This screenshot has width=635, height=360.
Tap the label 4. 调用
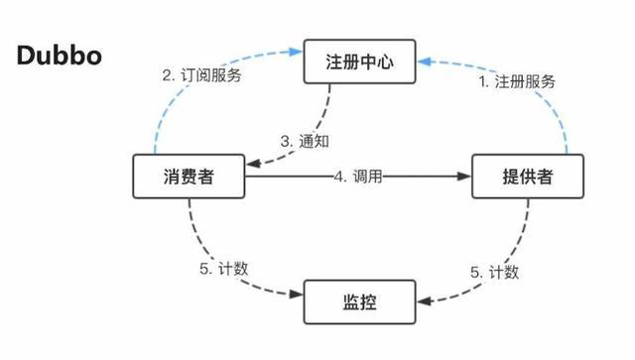[x=358, y=177]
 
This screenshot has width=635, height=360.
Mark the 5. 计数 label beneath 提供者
[x=493, y=270]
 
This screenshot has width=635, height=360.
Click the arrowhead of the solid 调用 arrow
[x=464, y=177]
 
